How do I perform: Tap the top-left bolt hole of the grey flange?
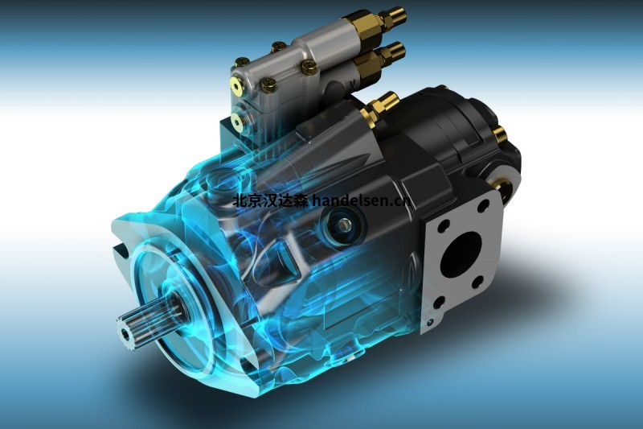[x=442, y=225]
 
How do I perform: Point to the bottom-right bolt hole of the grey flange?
[x=477, y=282]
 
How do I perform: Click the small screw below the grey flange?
[x=429, y=323]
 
